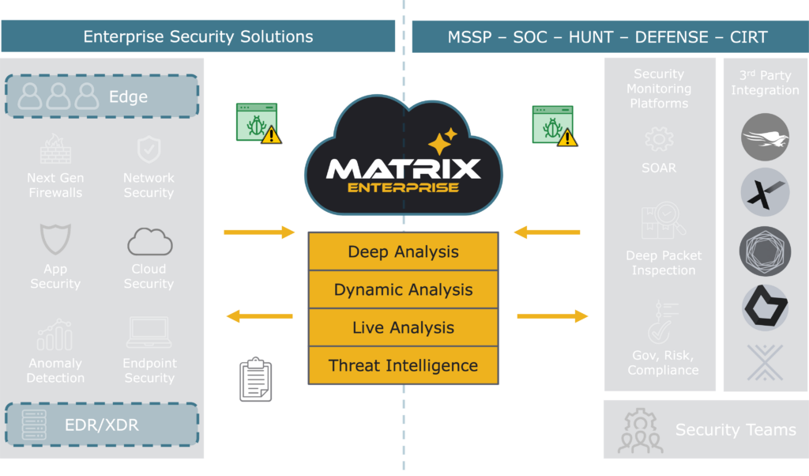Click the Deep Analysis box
[404, 251]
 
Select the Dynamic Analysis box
[404, 289]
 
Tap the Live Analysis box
[404, 327]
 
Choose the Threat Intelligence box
[404, 365]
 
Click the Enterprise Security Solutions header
[198, 36]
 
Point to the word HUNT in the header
[591, 37]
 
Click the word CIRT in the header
[749, 37]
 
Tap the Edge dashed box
[102, 96]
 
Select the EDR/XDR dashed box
[102, 425]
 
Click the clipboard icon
[255, 379]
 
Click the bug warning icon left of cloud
[258, 123]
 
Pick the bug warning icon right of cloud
[555, 126]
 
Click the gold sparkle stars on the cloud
[442, 141]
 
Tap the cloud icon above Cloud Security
[149, 242]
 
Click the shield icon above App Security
[55, 239]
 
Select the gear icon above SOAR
[659, 139]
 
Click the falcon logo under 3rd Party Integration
[765, 138]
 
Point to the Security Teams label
[736, 429]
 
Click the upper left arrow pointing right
[259, 232]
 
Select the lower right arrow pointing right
[552, 316]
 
